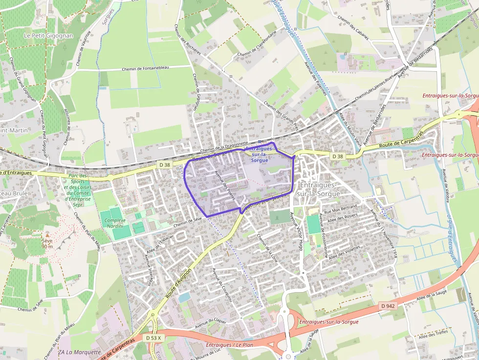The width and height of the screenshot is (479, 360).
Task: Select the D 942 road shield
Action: pos(387,306)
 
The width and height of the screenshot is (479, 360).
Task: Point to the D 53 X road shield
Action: pos(155,338)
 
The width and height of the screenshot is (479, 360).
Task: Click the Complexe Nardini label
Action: pos(115,223)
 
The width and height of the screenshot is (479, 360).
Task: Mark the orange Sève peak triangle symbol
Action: pos(47,235)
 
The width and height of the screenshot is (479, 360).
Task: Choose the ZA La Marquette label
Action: pos(79,352)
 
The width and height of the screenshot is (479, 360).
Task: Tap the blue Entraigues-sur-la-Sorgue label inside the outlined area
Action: pos(260,154)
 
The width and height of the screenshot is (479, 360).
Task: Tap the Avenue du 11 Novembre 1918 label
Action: pos(383,234)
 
